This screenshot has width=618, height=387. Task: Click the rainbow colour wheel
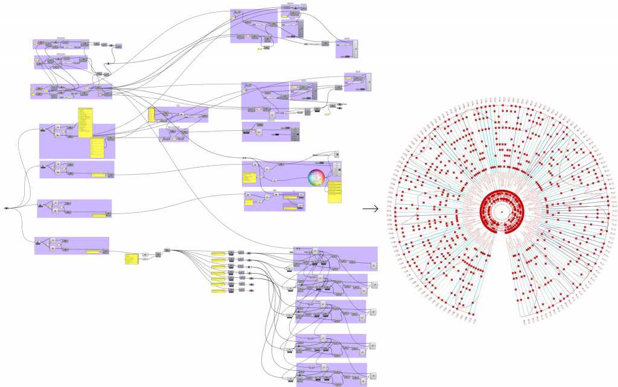click(316, 178)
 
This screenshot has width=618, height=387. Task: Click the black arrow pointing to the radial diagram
click(370, 209)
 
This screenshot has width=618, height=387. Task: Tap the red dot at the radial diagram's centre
click(502, 212)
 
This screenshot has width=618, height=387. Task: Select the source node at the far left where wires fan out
click(6, 208)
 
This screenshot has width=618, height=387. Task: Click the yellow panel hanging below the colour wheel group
click(336, 191)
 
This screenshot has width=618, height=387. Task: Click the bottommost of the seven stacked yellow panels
click(218, 291)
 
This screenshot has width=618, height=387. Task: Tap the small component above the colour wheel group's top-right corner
click(336, 154)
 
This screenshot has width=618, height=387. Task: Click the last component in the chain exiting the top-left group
click(118, 46)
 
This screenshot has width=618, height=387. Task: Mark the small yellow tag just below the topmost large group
click(260, 49)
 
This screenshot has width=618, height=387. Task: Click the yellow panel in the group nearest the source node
click(98, 214)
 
